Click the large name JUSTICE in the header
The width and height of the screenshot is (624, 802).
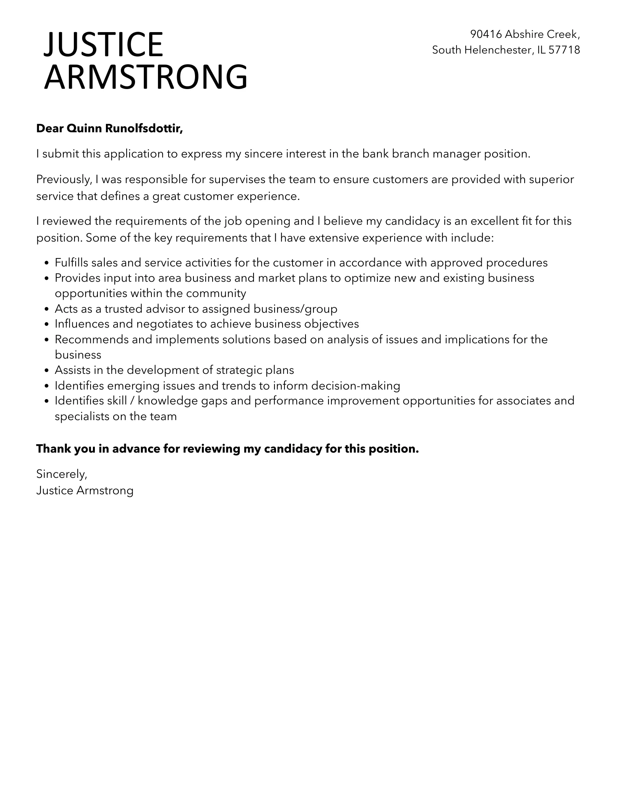pyautogui.click(x=103, y=44)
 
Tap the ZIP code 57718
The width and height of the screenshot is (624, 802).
pyautogui.click(x=564, y=50)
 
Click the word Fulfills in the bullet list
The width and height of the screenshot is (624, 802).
pyautogui.click(x=71, y=263)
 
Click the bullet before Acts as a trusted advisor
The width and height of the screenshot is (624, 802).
pyautogui.click(x=46, y=309)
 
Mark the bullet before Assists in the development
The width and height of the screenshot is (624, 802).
pyautogui.click(x=46, y=370)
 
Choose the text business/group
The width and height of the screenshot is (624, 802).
pyautogui.click(x=295, y=309)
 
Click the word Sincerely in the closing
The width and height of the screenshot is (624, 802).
pyautogui.click(x=62, y=474)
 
